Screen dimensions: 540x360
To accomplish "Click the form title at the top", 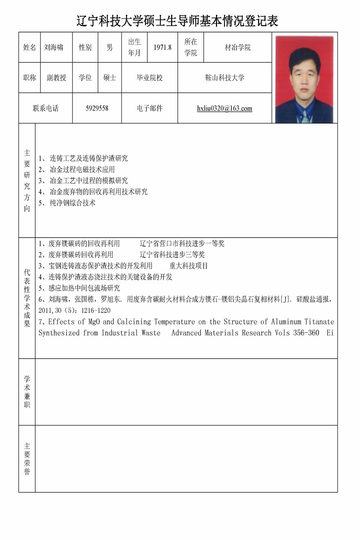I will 177,21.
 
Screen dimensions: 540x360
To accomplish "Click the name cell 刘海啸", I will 53,47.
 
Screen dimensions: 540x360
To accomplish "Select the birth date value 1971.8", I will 162,47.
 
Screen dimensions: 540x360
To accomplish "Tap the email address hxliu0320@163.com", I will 224,108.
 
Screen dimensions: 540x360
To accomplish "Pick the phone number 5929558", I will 97,108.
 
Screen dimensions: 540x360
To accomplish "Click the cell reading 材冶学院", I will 238,47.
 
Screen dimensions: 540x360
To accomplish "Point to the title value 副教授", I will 57,78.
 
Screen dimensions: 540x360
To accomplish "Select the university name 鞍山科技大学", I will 225,78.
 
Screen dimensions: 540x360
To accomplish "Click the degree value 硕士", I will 109,78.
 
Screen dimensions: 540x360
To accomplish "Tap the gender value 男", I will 109,47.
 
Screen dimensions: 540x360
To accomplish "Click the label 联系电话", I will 45,108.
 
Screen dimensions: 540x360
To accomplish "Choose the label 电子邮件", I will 150,108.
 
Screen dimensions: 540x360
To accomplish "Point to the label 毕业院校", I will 150,78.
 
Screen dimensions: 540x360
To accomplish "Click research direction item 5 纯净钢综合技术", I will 72,203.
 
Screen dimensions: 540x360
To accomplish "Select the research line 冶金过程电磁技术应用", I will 82,170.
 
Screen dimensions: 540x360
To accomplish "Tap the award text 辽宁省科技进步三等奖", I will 172,255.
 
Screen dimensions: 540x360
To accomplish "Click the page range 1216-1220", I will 96,310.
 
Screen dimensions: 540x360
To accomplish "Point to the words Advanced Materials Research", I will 221,333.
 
